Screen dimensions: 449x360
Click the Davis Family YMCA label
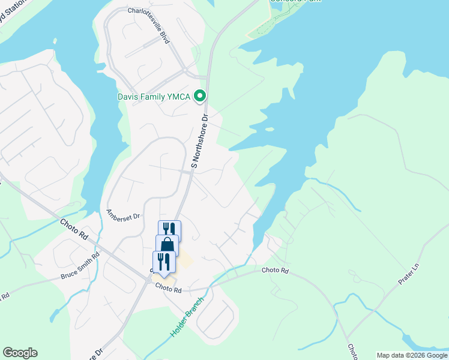pos(154,97)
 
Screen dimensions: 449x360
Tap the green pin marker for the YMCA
pos(201,96)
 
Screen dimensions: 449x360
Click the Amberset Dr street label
pos(122,214)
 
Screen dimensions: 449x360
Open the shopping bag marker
pos(167,245)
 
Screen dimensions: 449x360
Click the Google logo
pos(20,353)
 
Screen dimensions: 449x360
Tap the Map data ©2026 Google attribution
pos(412,355)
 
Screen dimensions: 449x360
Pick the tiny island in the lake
pos(270,128)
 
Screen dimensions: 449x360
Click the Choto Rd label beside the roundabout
pos(168,289)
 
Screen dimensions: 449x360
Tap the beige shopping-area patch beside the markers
pos(185,260)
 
